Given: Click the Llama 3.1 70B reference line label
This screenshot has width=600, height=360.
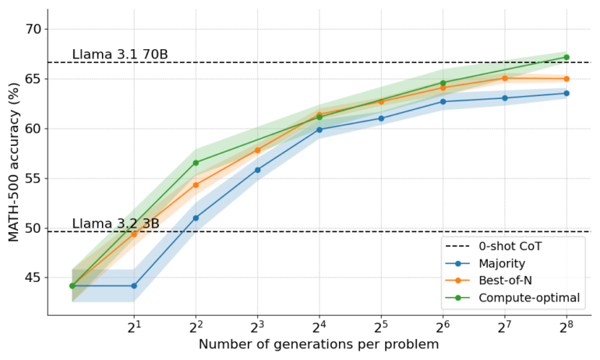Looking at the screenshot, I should click(x=120, y=55).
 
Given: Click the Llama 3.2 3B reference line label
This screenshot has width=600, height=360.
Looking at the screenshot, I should click(x=115, y=224).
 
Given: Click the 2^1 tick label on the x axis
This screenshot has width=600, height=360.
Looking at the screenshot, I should click(x=134, y=326).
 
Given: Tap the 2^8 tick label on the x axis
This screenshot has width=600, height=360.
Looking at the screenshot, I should click(x=566, y=326).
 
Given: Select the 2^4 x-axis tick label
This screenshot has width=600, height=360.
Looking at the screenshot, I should click(x=319, y=326).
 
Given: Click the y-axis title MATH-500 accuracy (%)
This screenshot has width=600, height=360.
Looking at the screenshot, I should click(x=13, y=163).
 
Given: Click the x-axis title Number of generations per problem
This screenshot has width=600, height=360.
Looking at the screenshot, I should click(x=319, y=344).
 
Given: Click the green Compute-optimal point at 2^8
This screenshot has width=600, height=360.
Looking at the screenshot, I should click(x=566, y=57).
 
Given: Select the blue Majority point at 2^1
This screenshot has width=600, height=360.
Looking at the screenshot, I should click(x=134, y=286).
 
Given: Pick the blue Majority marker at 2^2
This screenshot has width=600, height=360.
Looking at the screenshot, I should click(x=196, y=218).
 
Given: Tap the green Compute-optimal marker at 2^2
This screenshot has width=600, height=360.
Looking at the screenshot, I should click(x=196, y=163).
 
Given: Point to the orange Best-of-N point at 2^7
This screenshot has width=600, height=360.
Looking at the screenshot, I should click(x=505, y=78).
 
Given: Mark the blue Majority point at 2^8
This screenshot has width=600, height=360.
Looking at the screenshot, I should click(x=566, y=94).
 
